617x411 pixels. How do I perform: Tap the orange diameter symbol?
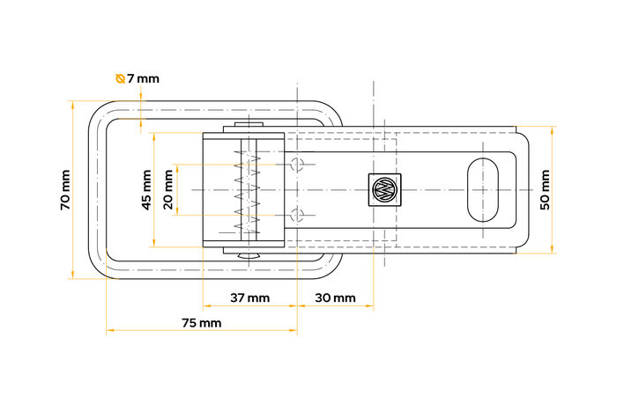click(120, 78)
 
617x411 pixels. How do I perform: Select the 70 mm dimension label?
click(65, 190)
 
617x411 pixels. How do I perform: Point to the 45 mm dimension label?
click(146, 190)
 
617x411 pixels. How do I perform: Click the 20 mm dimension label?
click(168, 190)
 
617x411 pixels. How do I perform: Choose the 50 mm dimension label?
click(546, 190)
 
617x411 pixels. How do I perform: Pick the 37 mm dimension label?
click(249, 297)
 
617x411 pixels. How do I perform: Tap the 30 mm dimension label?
click(335, 297)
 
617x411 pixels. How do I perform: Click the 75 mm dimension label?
click(202, 323)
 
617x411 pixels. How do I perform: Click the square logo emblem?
click(385, 189)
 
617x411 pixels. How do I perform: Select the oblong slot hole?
click(483, 190)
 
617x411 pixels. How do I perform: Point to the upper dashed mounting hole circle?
click(298, 164)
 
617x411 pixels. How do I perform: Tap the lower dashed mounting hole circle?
click(298, 215)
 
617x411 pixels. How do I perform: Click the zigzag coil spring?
click(248, 190)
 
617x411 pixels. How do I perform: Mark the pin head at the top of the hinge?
click(249, 124)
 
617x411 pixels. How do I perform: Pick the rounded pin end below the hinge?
click(249, 256)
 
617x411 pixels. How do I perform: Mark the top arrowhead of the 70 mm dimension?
click(73, 104)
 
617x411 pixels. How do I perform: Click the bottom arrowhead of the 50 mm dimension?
click(552, 250)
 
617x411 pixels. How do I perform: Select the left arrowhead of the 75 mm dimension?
click(110, 330)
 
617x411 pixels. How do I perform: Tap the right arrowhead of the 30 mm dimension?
click(369, 305)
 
